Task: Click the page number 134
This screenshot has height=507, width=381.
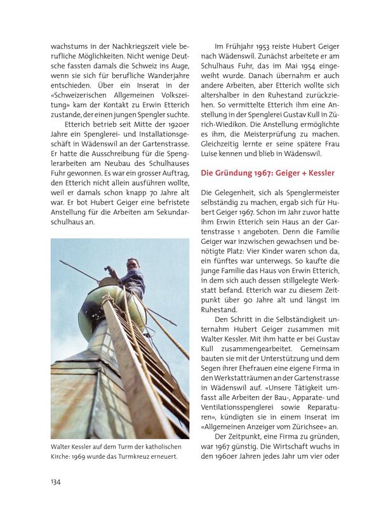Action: [56, 481]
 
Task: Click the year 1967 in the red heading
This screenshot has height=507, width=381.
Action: [261, 172]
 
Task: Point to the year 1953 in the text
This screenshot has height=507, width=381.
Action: [269, 46]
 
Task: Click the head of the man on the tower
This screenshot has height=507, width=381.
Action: [132, 264]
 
